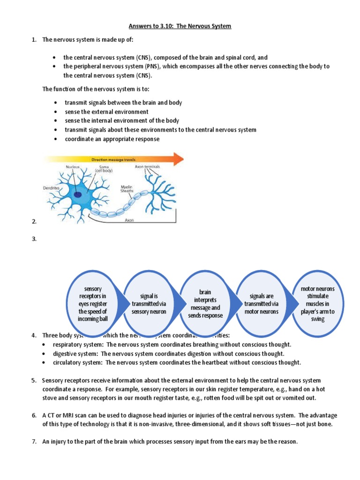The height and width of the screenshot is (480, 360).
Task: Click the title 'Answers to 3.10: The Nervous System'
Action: tap(180, 26)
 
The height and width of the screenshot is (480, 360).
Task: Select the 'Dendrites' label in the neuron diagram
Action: tap(52, 187)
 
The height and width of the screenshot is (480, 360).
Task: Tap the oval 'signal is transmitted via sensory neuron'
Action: tap(149, 304)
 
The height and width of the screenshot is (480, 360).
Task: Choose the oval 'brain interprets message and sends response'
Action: tap(205, 304)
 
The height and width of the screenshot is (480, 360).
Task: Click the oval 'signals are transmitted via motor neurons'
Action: tap(261, 304)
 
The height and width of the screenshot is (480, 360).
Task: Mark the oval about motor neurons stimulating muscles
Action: tap(317, 304)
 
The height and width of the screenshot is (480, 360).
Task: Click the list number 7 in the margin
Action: tap(34, 441)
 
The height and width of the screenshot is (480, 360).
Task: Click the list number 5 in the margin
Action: tap(34, 380)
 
